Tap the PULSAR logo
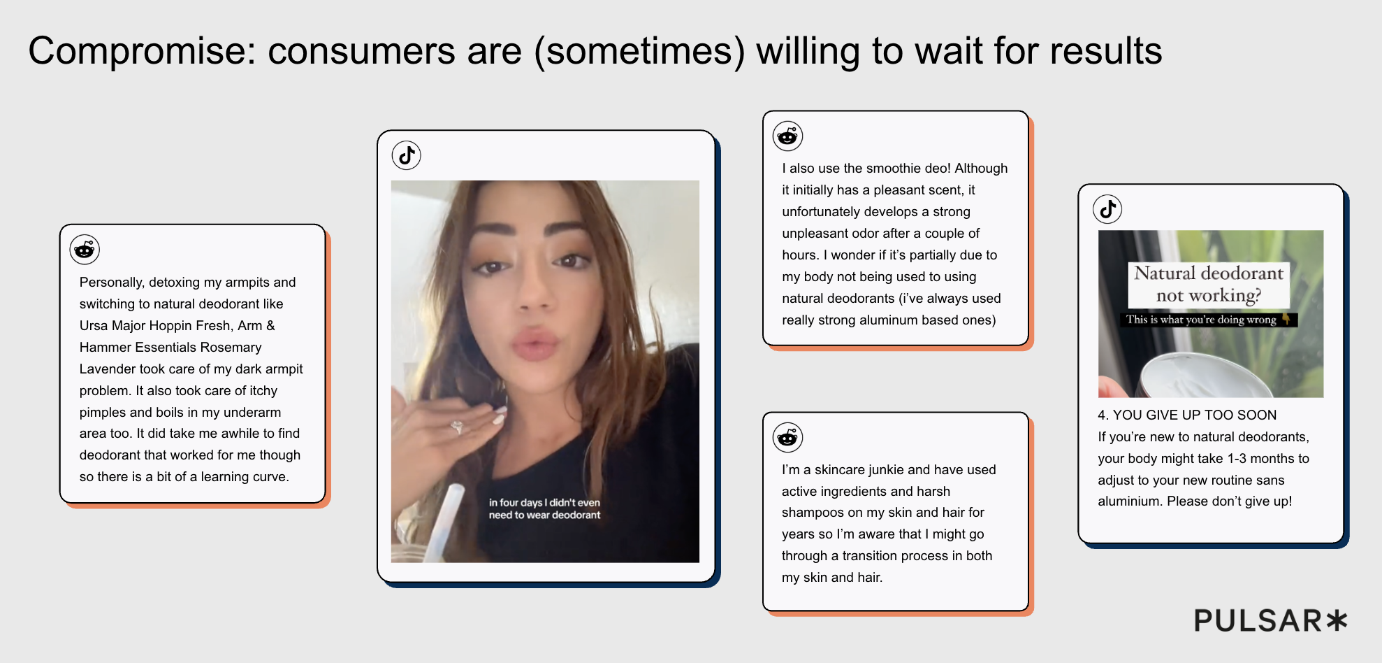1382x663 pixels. point(1270,620)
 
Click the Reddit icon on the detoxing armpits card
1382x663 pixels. point(85,250)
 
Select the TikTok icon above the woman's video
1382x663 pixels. point(406,155)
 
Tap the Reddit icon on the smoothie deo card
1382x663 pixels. point(787,136)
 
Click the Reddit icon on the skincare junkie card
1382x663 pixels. point(787,437)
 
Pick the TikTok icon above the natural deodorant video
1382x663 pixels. point(1107,209)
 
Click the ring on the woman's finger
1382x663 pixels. point(457,426)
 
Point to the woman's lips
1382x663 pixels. point(536,344)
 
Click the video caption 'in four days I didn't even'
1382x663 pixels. point(544,502)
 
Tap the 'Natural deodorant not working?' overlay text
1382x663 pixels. point(1209,284)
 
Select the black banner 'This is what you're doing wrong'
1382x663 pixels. point(1208,320)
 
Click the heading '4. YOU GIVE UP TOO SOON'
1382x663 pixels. point(1187,415)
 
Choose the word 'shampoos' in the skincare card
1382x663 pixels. point(811,513)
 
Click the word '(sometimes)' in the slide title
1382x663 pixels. point(639,52)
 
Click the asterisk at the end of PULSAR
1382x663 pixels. point(1336,620)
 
